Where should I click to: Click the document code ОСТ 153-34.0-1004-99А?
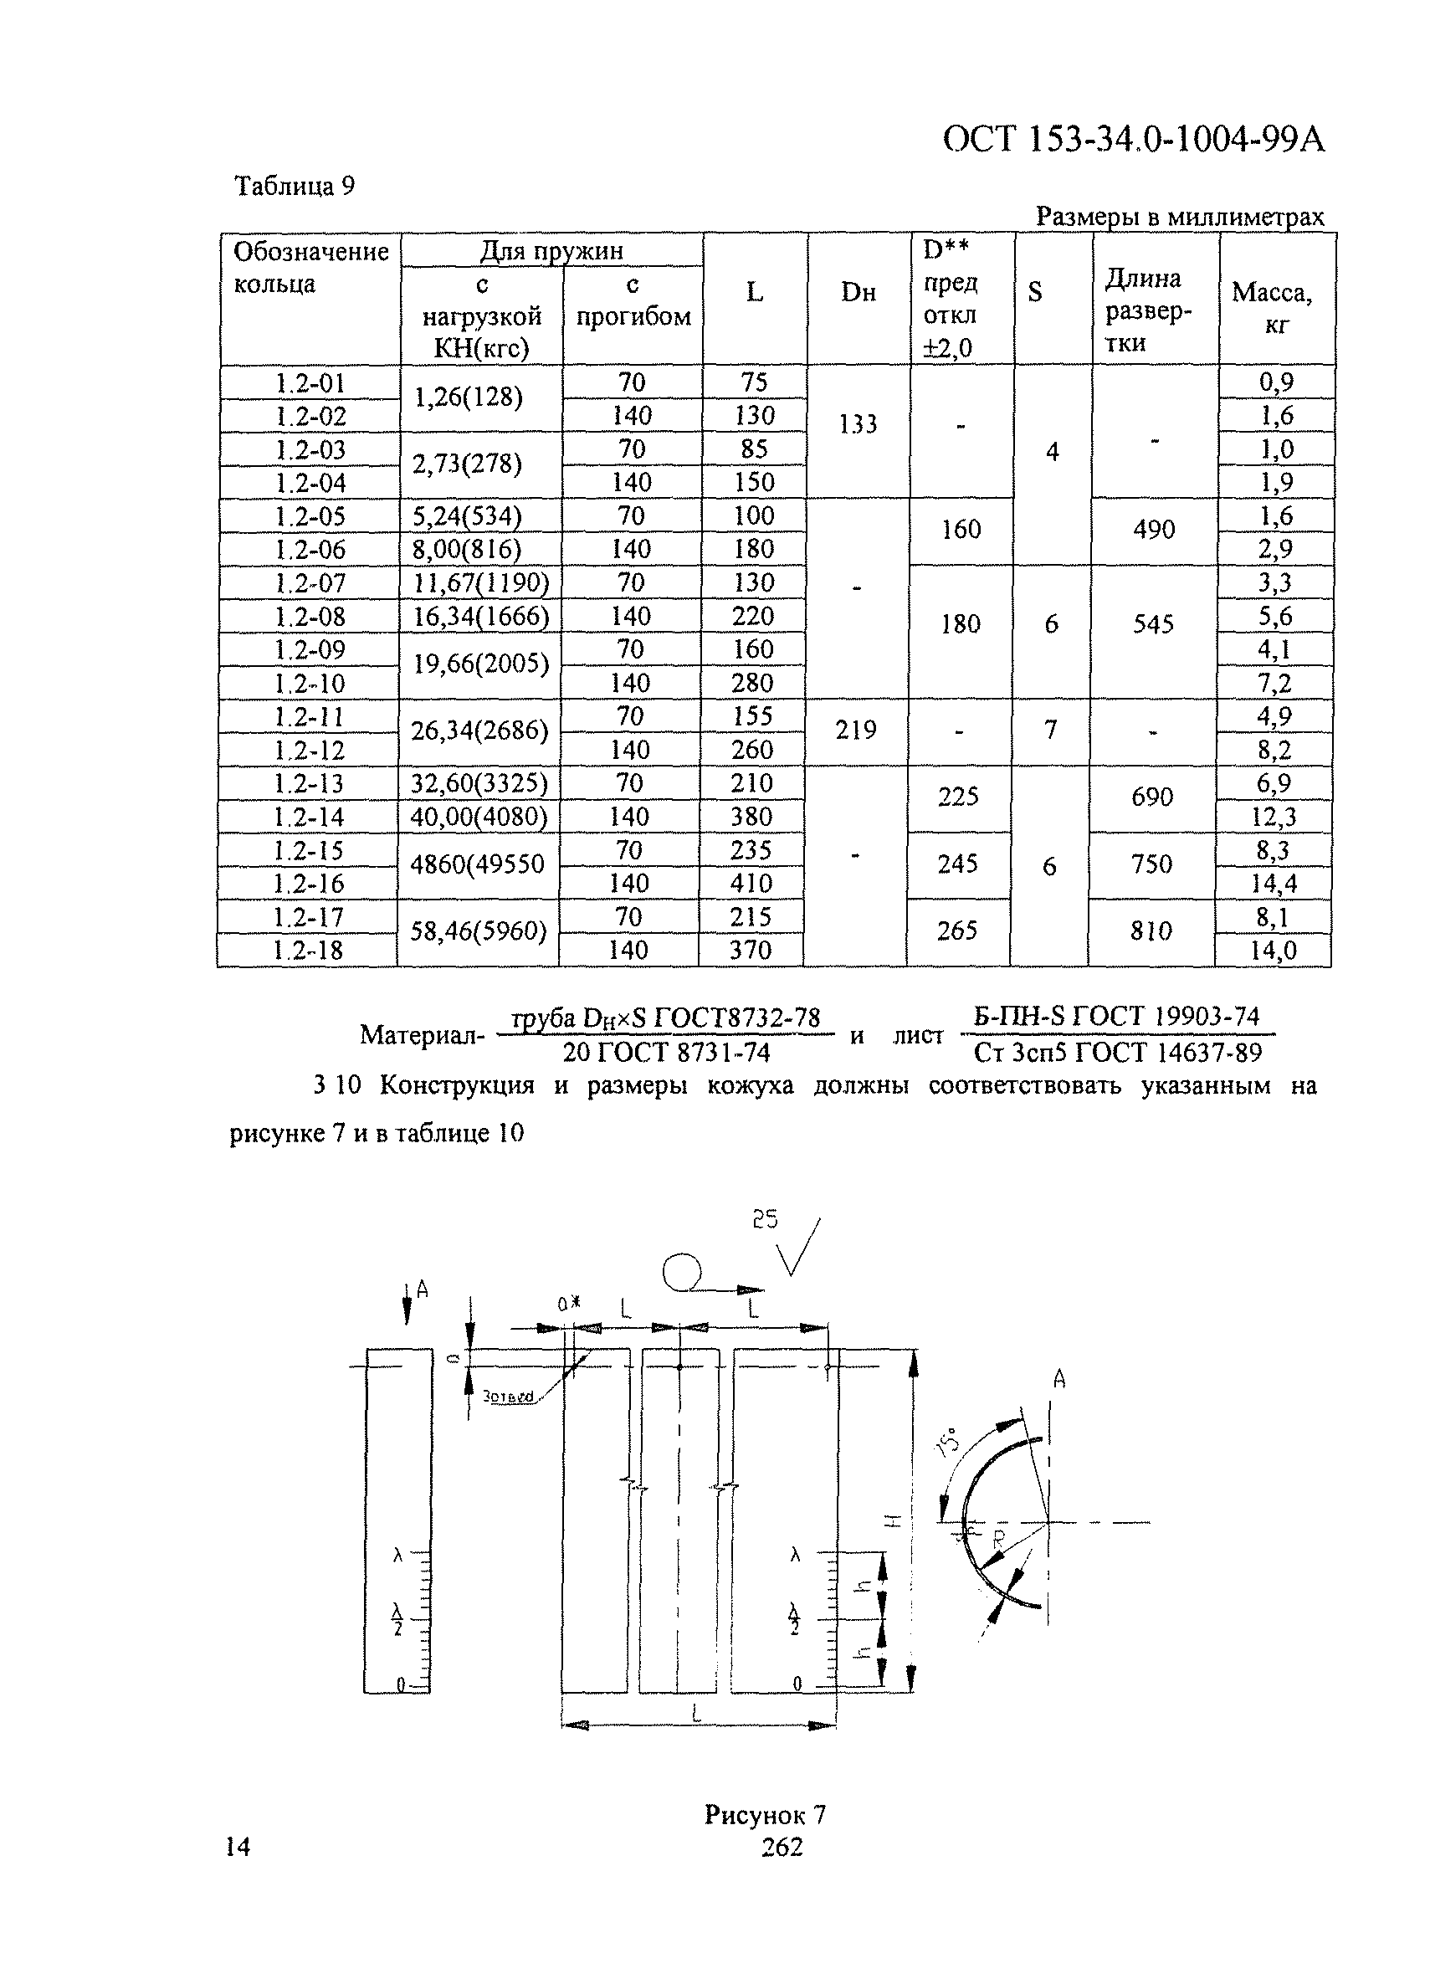point(1134,140)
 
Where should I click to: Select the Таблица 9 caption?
point(295,187)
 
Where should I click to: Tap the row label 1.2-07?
point(310,583)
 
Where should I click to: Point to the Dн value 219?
point(855,731)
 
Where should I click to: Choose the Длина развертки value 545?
point(1153,624)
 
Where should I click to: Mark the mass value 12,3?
point(1274,817)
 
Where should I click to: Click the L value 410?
point(751,884)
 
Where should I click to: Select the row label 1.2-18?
point(309,951)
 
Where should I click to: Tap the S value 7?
point(1050,730)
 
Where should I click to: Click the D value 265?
point(957,930)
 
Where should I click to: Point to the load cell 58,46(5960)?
point(479,931)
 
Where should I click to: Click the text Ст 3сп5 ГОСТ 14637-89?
point(1118,1054)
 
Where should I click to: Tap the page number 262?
point(782,1848)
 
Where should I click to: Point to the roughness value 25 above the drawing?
point(765,1219)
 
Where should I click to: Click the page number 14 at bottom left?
point(238,1847)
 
